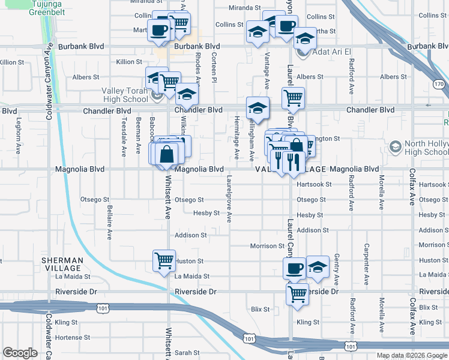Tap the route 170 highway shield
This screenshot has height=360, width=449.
click(x=439, y=85)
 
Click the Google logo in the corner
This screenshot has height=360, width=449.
click(x=20, y=353)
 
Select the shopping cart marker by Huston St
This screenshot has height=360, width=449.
click(x=164, y=262)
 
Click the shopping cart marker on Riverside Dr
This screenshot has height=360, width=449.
click(x=297, y=295)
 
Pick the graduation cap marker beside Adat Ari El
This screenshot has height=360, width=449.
click(x=305, y=39)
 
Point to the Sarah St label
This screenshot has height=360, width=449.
click(x=187, y=353)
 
